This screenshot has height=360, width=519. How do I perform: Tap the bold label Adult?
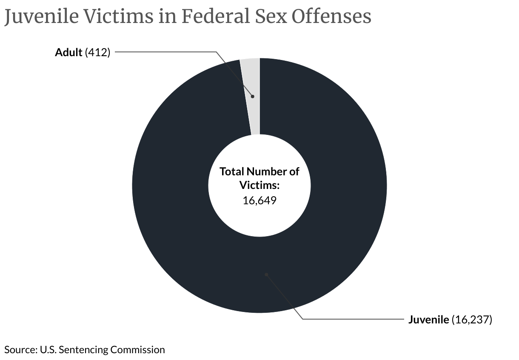[x=68, y=52]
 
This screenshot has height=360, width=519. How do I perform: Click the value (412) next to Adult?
[x=98, y=52]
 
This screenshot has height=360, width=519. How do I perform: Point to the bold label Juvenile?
[x=428, y=320]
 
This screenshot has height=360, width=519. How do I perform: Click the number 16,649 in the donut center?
[x=259, y=200]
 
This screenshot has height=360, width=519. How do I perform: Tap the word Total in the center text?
[x=232, y=171]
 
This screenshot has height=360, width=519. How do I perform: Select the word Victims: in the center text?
[x=259, y=186]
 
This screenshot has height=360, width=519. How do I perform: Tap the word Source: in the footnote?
[x=20, y=350]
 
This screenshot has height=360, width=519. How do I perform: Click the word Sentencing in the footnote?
[x=84, y=350]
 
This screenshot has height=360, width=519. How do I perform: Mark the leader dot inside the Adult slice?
[x=252, y=97]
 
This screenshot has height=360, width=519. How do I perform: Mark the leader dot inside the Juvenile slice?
[x=266, y=274]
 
